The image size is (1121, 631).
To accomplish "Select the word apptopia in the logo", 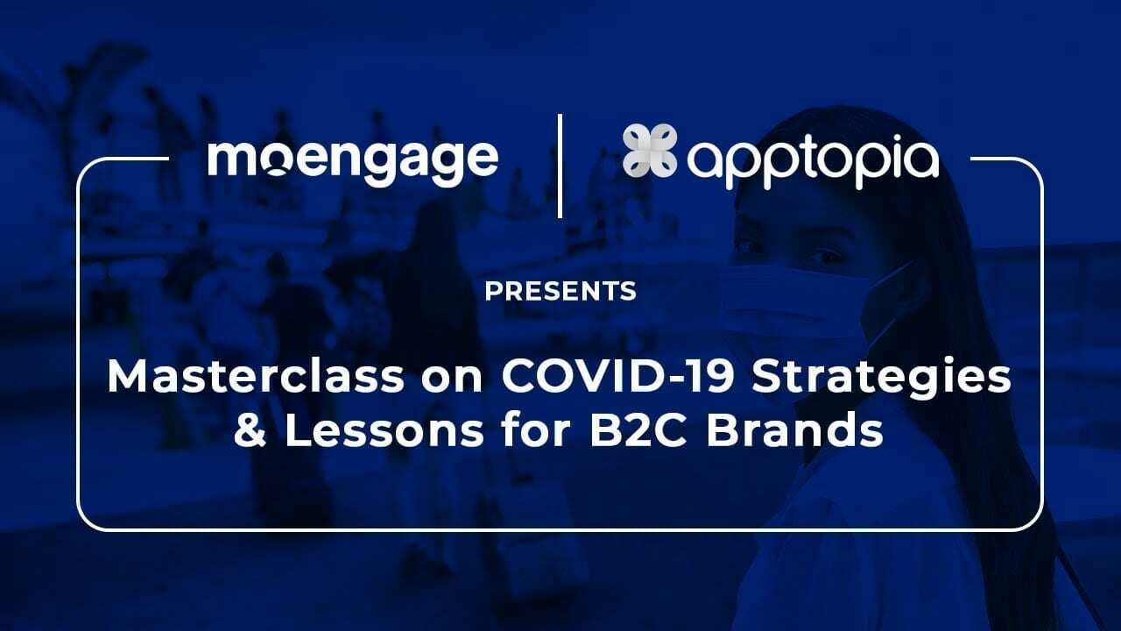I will [813, 162].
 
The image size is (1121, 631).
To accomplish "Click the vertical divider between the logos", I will [560, 165].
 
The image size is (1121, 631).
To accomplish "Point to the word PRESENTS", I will [560, 291].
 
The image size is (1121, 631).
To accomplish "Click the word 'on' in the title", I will [455, 378].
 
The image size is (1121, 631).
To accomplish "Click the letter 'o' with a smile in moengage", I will [277, 163].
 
